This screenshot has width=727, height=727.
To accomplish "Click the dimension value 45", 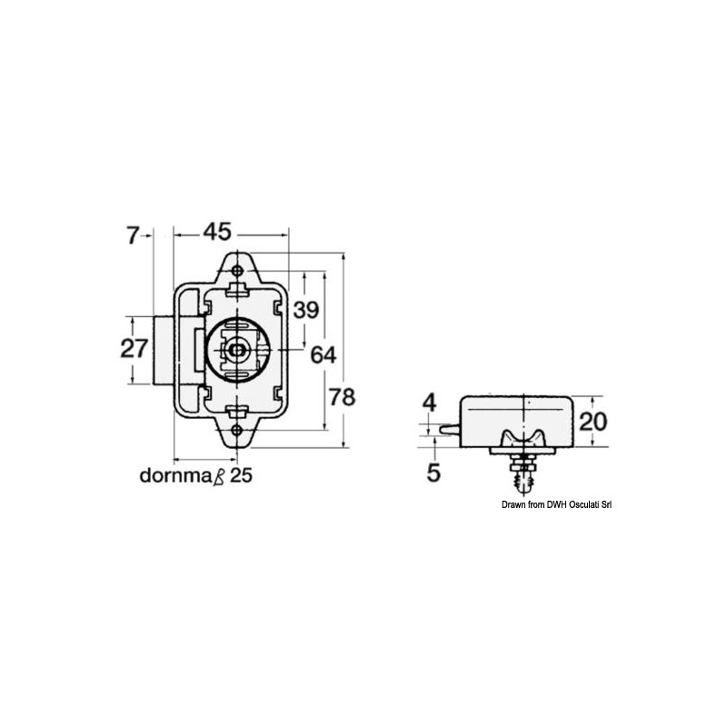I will coord(215,233).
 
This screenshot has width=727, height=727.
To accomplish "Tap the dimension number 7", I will coord(133,235).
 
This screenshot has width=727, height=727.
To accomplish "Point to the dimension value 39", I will coord(306,310).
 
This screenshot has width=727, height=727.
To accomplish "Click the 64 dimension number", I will coord(324,354).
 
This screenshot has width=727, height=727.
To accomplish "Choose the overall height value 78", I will coord(342,397).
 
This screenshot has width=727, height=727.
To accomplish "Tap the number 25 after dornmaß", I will coord(240,475).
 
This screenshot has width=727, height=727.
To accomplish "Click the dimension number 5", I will coord(433,472).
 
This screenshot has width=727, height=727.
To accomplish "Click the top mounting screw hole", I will coord(238,272).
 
